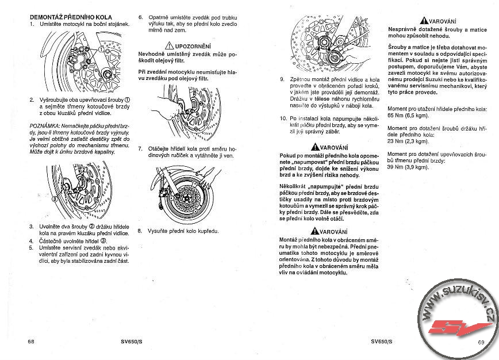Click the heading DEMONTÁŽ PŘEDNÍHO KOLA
click(x=70, y=18)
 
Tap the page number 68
click(x=31, y=342)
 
